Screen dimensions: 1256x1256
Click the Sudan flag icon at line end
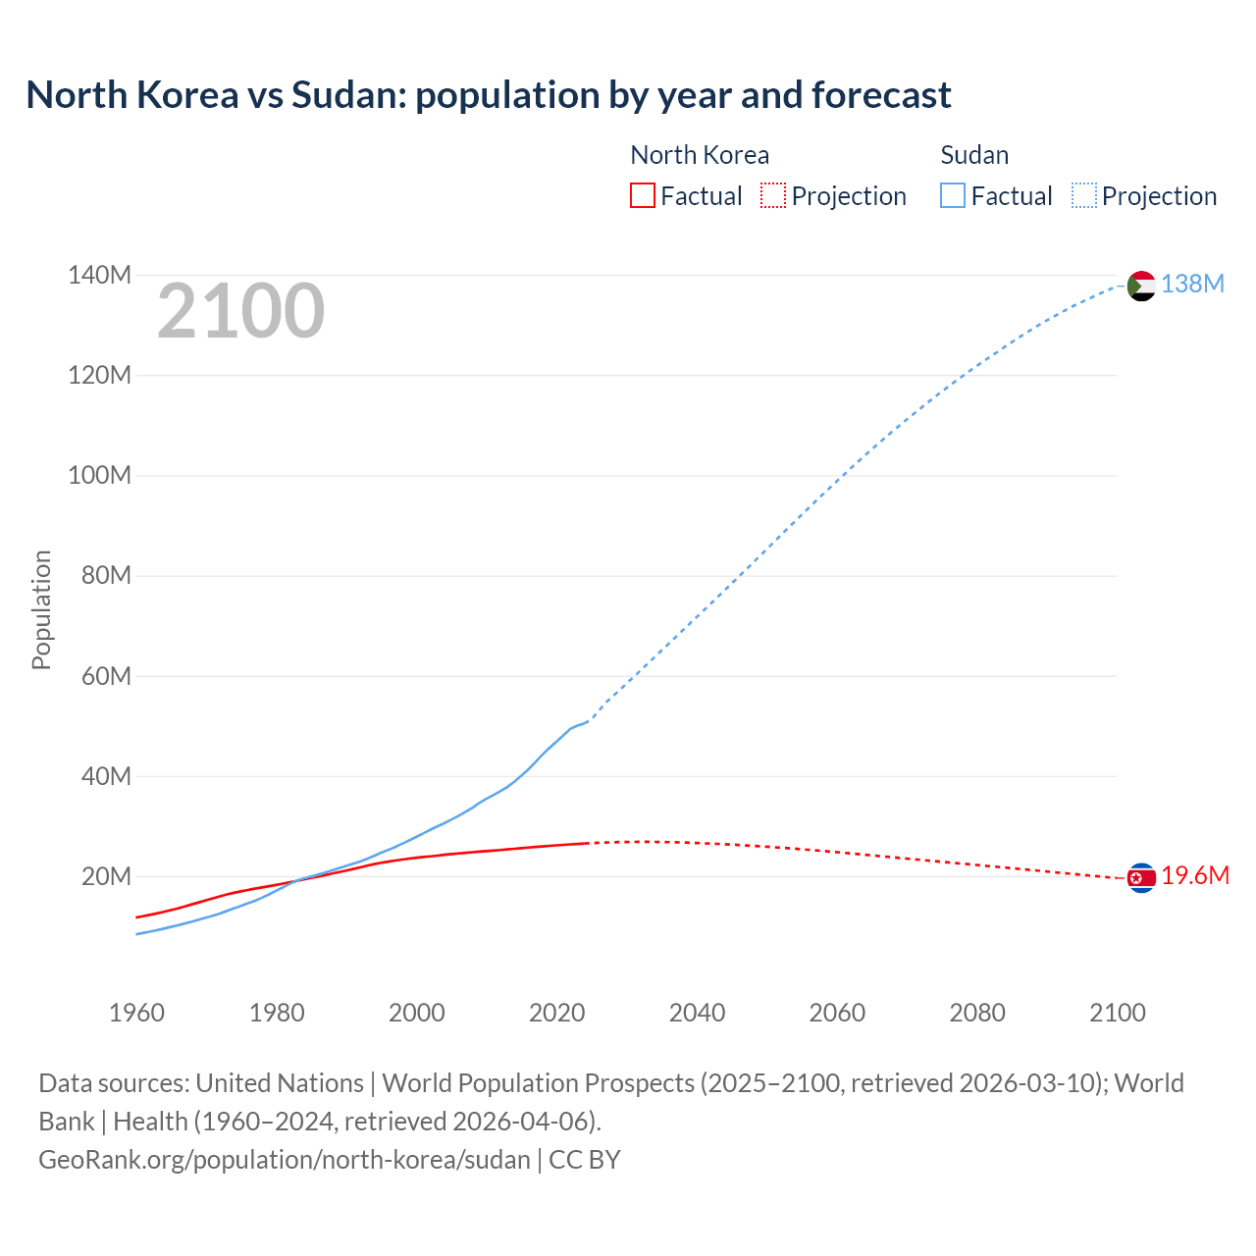coord(1141,286)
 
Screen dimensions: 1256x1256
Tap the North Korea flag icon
coord(1141,877)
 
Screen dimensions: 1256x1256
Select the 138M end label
coord(1192,285)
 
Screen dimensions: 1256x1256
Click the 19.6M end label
coord(1194,876)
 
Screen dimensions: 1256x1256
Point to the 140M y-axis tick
coord(99,276)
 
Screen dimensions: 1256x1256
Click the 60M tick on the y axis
coord(106,676)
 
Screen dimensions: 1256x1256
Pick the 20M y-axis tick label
coord(106,876)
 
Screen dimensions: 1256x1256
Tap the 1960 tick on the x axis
coord(136,1013)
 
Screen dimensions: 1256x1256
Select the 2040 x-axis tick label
coord(697,1013)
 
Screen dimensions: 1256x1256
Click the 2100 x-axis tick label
coord(1117,1013)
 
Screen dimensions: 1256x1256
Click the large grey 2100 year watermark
coord(240,311)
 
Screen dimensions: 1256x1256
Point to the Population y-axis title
coord(41,609)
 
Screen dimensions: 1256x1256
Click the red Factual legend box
coord(642,196)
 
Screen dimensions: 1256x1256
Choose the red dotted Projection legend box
coord(773,196)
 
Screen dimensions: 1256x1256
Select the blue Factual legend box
coord(952,196)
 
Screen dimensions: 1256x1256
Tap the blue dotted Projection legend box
coord(1083,196)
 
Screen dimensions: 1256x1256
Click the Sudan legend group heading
coord(974,155)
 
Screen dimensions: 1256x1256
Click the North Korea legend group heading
coord(699,155)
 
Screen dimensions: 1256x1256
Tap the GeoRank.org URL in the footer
coord(285,1160)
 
